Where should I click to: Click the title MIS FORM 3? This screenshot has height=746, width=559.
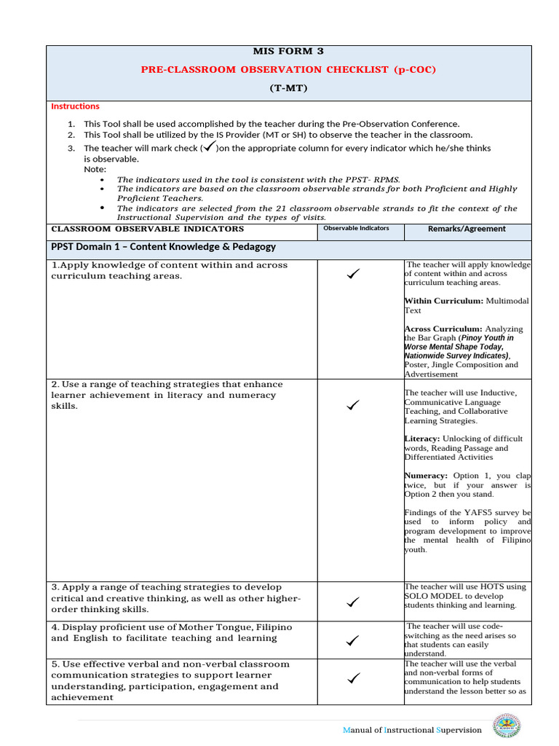pos(289,51)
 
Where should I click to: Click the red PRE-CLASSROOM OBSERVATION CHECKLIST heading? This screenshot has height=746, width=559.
pos(289,69)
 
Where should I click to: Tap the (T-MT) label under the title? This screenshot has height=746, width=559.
pos(289,88)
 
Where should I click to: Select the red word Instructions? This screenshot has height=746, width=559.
pos(75,106)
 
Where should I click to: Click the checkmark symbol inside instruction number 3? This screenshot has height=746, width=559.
pos(209,146)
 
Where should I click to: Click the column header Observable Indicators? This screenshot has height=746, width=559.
pos(356,228)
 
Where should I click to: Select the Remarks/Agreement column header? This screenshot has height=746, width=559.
pos(467,229)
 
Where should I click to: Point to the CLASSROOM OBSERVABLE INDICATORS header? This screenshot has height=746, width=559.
pos(147,229)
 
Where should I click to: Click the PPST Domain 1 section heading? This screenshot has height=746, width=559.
pos(164,247)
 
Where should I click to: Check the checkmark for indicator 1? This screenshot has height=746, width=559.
pos(354,274)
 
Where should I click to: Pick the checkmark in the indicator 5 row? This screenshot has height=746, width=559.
pos(354,679)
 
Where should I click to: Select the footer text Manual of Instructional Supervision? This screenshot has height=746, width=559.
pos(412,730)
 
